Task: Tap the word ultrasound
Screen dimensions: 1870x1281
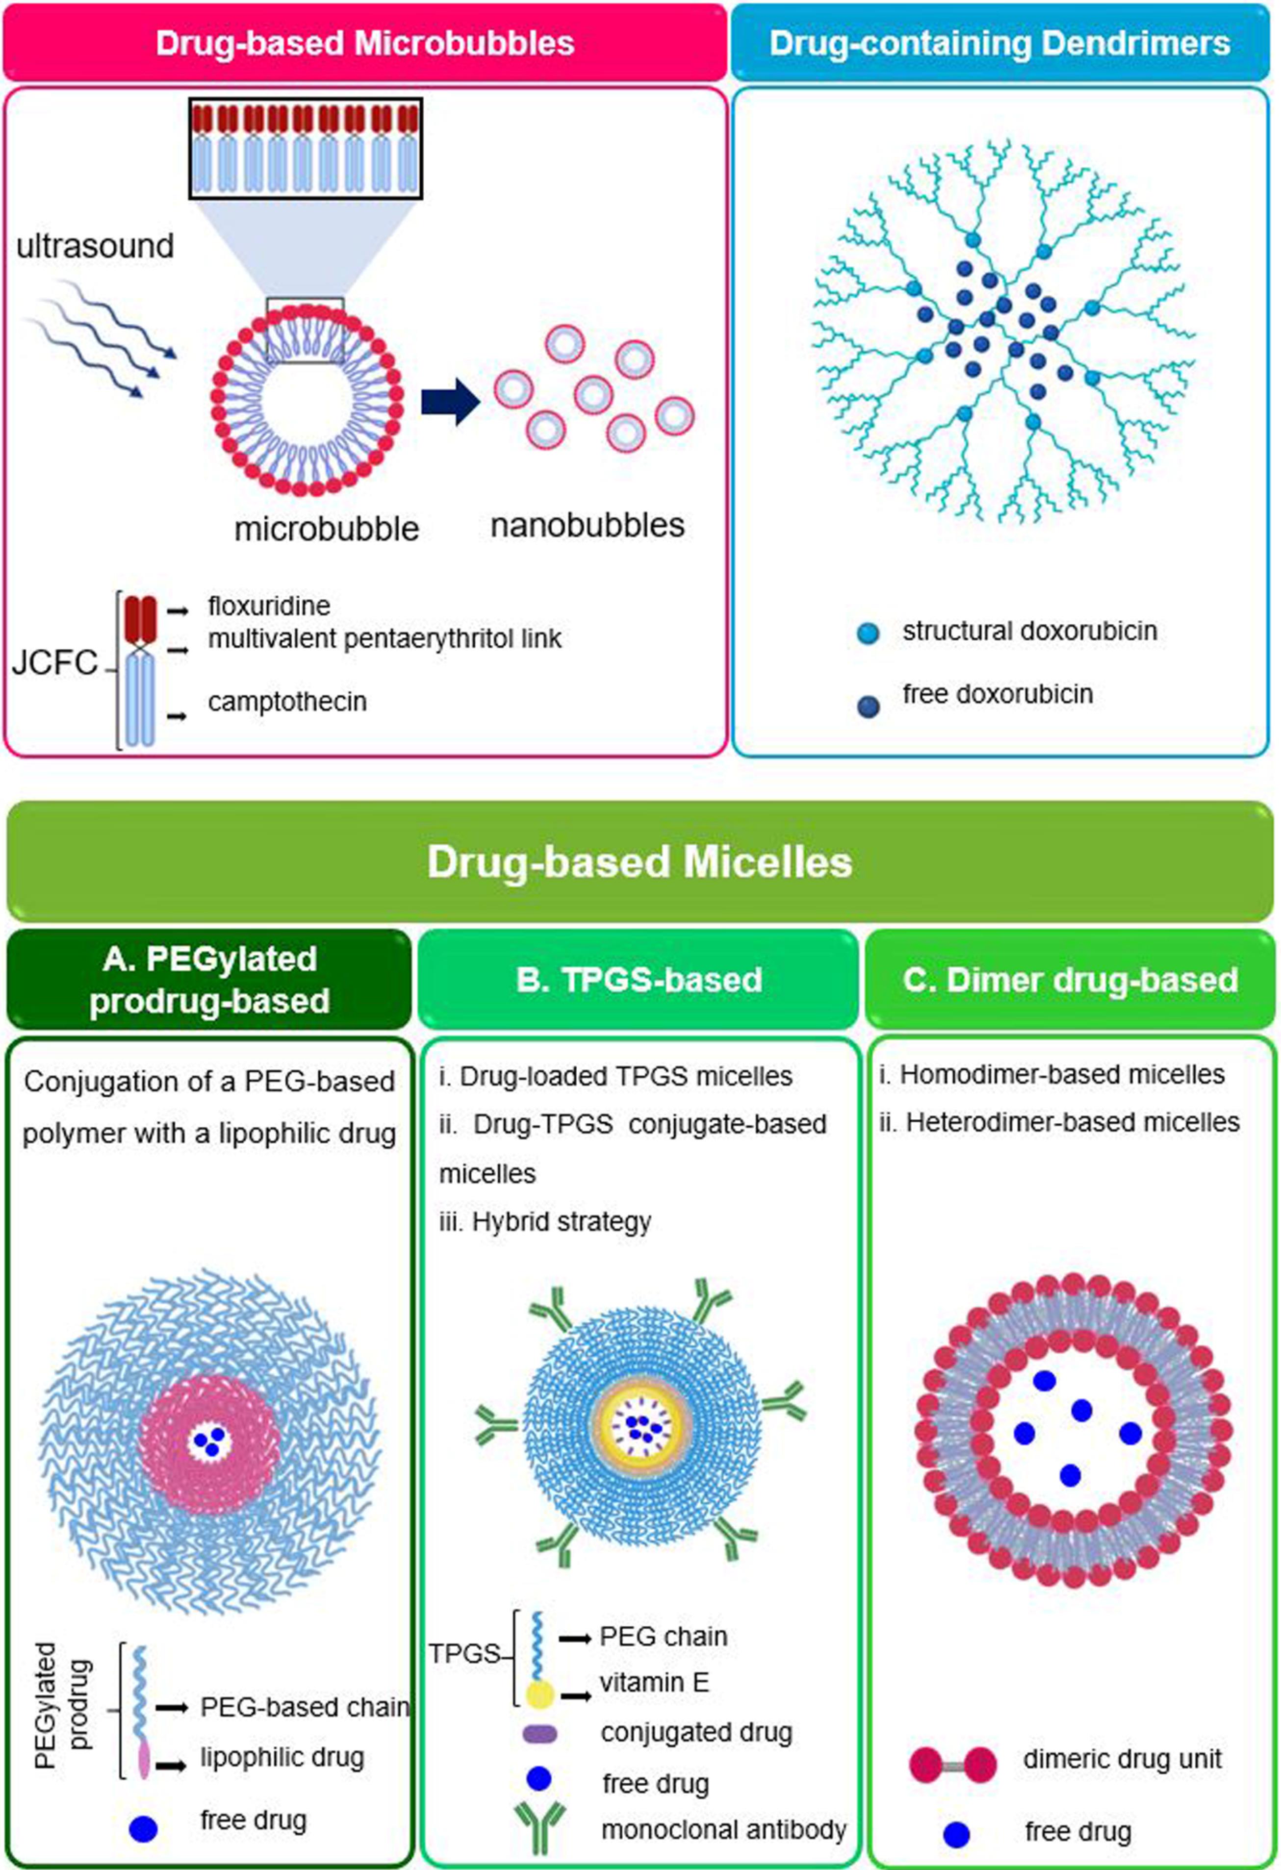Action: tap(95, 246)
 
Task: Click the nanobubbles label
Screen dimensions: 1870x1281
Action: tap(588, 526)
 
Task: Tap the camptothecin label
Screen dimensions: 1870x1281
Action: tap(287, 702)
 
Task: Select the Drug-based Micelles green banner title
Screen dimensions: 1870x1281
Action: tap(640, 862)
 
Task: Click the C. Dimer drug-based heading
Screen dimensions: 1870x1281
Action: tap(1070, 980)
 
